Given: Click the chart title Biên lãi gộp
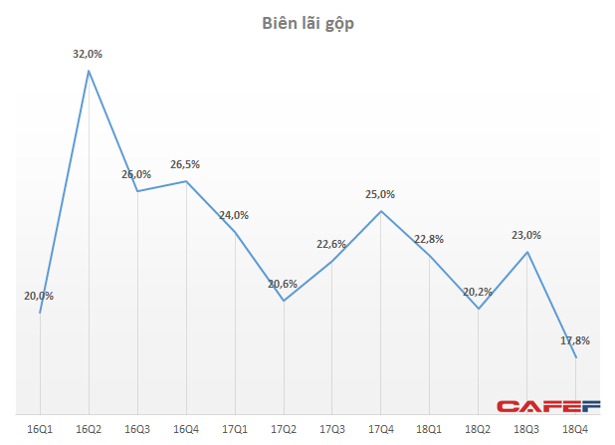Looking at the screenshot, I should pos(307,23).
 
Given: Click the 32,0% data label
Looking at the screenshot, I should pos(89,54).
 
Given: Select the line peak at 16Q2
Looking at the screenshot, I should pos(89,70).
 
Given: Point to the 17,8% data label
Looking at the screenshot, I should pos(575,340).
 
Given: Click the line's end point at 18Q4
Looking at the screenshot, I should pos(575,357).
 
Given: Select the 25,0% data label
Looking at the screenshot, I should pos(380,194).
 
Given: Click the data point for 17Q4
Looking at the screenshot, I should pos(380,210).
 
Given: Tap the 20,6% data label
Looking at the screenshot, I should pos(283,284).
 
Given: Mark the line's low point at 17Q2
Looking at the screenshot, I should pos(283,301).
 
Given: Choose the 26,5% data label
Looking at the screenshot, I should pos(186,164).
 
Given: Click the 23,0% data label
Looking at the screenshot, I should pos(526,235).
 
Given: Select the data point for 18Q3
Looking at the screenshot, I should pos(526,252).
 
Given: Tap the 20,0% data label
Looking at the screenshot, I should pos(40,296).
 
